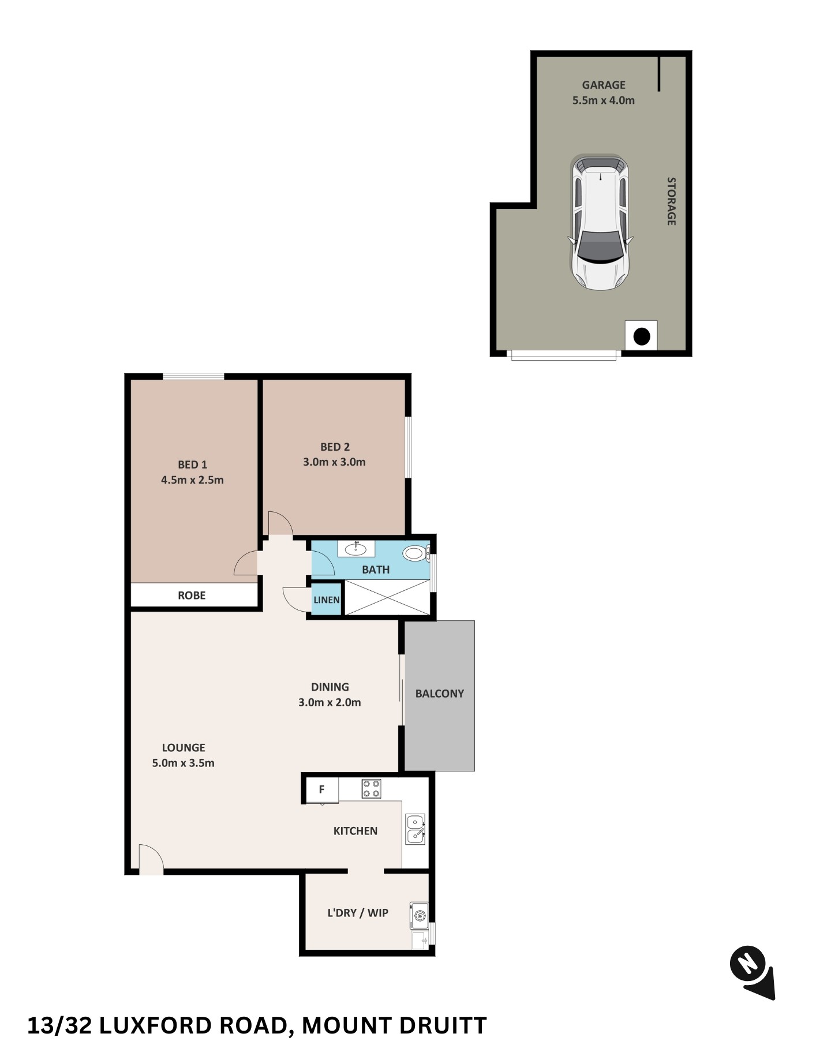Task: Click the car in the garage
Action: (x=600, y=222)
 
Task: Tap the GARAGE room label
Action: (x=604, y=85)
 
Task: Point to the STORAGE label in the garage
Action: (x=671, y=201)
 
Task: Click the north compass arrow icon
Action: (x=753, y=972)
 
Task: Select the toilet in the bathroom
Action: (x=415, y=554)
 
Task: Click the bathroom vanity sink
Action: (x=355, y=548)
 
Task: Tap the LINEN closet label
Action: (x=326, y=600)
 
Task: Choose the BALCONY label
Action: (x=440, y=694)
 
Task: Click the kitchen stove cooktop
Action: (x=371, y=789)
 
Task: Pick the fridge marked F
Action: (x=321, y=789)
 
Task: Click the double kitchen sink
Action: (x=415, y=829)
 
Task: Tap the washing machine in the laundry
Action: (x=420, y=916)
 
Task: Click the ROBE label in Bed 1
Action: (x=192, y=596)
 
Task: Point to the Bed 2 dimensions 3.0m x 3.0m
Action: (x=334, y=462)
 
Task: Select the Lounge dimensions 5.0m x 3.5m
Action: (x=183, y=763)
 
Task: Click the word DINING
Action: (x=330, y=687)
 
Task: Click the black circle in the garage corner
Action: (x=642, y=336)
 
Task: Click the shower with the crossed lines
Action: (x=387, y=598)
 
